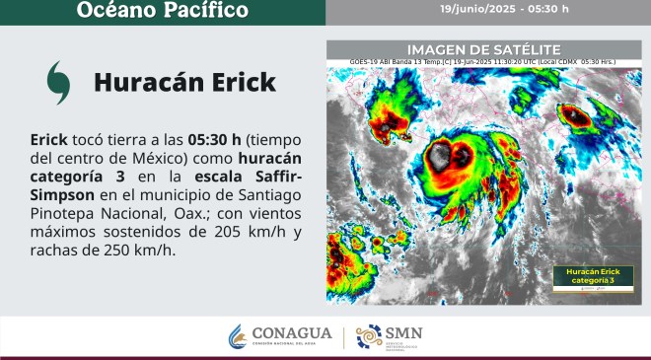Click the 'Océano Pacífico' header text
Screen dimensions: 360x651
coord(163,11)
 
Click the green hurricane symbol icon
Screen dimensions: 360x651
coord(58,82)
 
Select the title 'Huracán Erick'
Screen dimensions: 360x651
coord(184,82)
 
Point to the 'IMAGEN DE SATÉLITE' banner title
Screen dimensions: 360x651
coord(483,49)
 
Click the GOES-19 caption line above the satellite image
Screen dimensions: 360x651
coord(483,60)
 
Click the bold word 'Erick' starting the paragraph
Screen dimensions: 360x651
coord(49,139)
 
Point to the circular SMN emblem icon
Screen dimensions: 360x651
coord(368,336)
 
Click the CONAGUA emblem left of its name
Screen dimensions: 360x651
coord(238,336)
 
